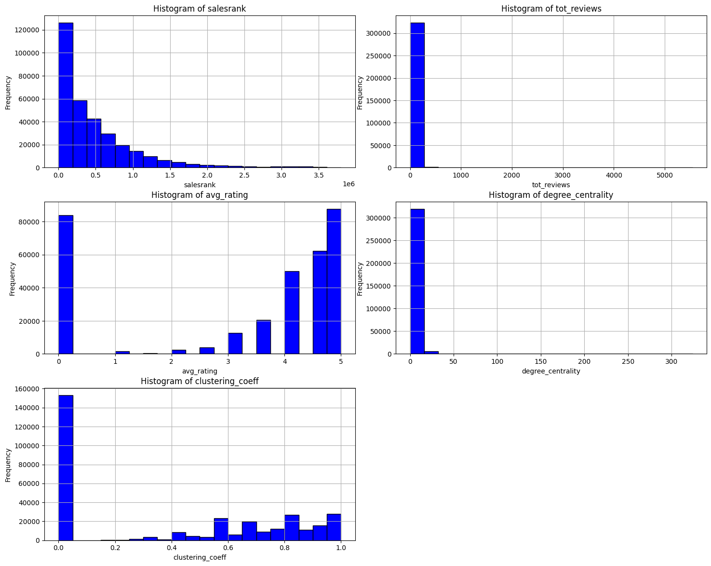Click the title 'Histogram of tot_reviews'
(551, 9)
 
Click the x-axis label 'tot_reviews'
(550, 185)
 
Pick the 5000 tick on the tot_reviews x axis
(664, 176)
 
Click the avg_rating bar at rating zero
(66, 285)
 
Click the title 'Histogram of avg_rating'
(200, 195)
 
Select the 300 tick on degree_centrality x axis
(671, 362)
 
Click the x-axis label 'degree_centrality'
(550, 371)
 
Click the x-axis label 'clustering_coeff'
(200, 557)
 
